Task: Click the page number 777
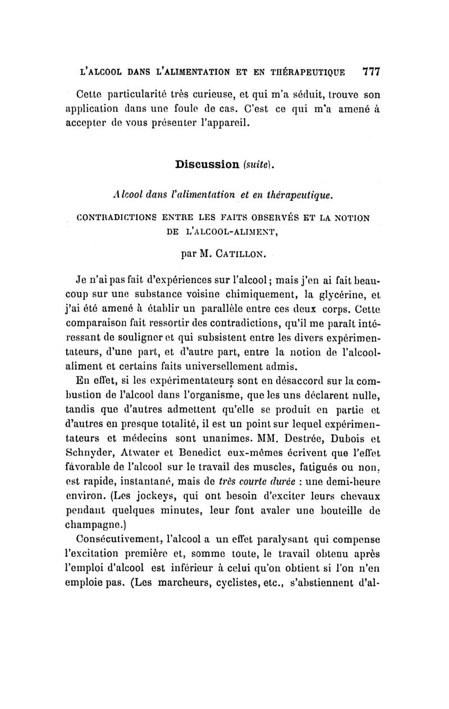(x=372, y=72)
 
